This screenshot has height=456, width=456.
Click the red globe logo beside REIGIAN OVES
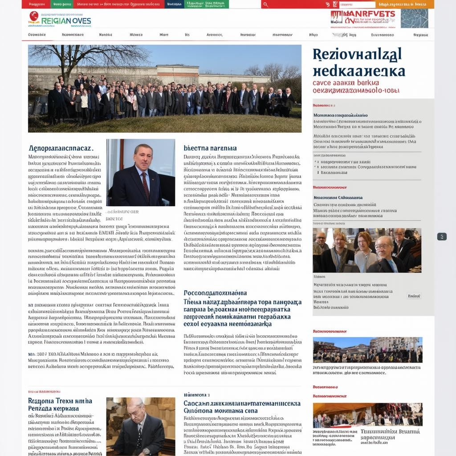tap(34, 17)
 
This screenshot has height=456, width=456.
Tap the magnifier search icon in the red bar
tap(266, 4)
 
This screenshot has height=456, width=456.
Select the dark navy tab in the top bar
tap(174, 4)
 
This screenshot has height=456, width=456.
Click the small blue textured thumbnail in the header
tap(414, 18)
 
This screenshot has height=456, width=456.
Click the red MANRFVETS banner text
tap(362, 16)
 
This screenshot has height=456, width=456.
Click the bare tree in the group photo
tap(89, 58)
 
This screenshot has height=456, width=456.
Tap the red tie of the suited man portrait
tap(146, 186)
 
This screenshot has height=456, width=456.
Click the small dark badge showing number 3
tap(441, 236)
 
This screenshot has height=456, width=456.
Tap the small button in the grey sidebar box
tap(414, 296)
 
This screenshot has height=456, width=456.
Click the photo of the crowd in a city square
tap(367, 350)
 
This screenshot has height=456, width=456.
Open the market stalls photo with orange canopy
tap(367, 415)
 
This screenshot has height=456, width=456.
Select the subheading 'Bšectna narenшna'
tap(210, 148)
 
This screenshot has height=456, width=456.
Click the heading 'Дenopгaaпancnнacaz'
tap(61, 147)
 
